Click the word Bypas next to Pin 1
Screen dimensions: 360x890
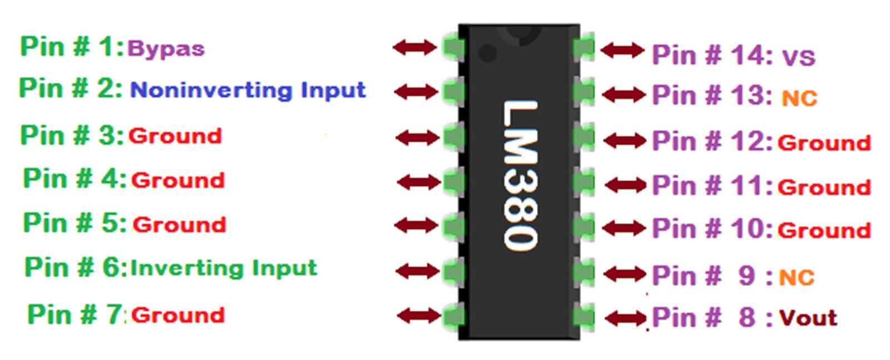point(166,49)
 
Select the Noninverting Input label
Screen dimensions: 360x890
point(248,90)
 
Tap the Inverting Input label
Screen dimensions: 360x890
point(224,268)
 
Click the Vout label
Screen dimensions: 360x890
point(808,318)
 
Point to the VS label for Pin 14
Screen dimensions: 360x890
point(798,57)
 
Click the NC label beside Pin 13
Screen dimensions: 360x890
point(799,98)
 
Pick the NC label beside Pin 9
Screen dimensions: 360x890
point(797,277)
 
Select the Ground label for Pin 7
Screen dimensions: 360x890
point(178,315)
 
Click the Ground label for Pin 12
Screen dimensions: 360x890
point(824,143)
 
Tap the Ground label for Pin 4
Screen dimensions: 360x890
point(178,180)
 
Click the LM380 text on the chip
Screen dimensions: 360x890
point(520,175)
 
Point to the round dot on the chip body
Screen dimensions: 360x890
point(487,53)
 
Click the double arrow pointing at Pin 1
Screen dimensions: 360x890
point(415,47)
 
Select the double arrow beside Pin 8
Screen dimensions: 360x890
point(626,319)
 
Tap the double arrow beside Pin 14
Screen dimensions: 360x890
point(623,51)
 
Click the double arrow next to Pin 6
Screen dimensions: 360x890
point(417,272)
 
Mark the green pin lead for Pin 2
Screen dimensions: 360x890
point(453,91)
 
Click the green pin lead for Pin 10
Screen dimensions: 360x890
point(584,228)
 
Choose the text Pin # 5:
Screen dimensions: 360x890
point(75,223)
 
